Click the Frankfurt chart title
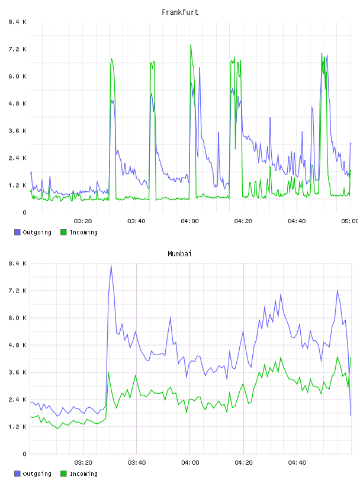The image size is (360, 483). coord(180,12)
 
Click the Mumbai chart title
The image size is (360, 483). coord(179,254)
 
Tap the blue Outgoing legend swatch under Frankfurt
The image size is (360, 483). coord(17,232)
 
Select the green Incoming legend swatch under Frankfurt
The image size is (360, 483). coord(63,232)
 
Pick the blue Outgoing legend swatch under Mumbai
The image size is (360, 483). coord(17,474)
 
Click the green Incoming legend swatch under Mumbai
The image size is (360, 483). coord(63,474)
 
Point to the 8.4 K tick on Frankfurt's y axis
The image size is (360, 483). coord(17,22)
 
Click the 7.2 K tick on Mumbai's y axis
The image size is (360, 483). coord(17,291)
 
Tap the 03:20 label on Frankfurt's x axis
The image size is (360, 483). coord(83,221)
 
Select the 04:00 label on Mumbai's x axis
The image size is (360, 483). coord(190,462)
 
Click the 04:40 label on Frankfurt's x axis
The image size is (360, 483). coord(297,221)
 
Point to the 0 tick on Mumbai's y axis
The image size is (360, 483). coord(24,454)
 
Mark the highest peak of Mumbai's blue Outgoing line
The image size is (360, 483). coord(111,265)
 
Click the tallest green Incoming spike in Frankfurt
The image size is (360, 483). coord(191,45)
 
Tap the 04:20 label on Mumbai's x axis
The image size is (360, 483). coord(243,462)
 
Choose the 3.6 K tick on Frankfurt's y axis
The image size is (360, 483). coord(17,131)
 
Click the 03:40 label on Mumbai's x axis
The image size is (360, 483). coord(137,462)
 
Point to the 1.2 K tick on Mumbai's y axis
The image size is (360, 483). coord(17,427)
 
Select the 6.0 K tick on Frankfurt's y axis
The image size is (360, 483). coord(17,76)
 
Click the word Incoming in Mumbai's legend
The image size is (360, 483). coord(83,474)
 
